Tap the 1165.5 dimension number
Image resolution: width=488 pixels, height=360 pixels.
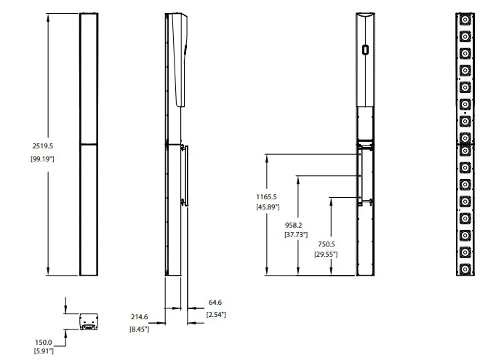[x=266, y=196]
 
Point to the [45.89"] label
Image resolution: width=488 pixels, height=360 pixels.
[x=266, y=208]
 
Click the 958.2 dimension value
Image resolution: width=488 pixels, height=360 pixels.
[x=296, y=225]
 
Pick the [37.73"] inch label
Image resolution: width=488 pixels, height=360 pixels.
[x=296, y=235]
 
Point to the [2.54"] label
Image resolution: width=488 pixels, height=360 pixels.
[x=216, y=314]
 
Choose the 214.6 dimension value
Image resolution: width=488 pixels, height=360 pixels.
[x=140, y=317]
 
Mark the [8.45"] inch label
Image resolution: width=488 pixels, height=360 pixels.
[x=140, y=329]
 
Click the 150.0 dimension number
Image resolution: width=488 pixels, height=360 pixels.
[x=43, y=342]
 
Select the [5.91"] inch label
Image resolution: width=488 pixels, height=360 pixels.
[x=43, y=352]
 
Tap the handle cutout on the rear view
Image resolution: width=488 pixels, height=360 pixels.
[x=364, y=50]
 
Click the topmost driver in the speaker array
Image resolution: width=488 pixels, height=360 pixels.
[x=463, y=19]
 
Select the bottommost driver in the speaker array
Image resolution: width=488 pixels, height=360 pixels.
[x=463, y=268]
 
